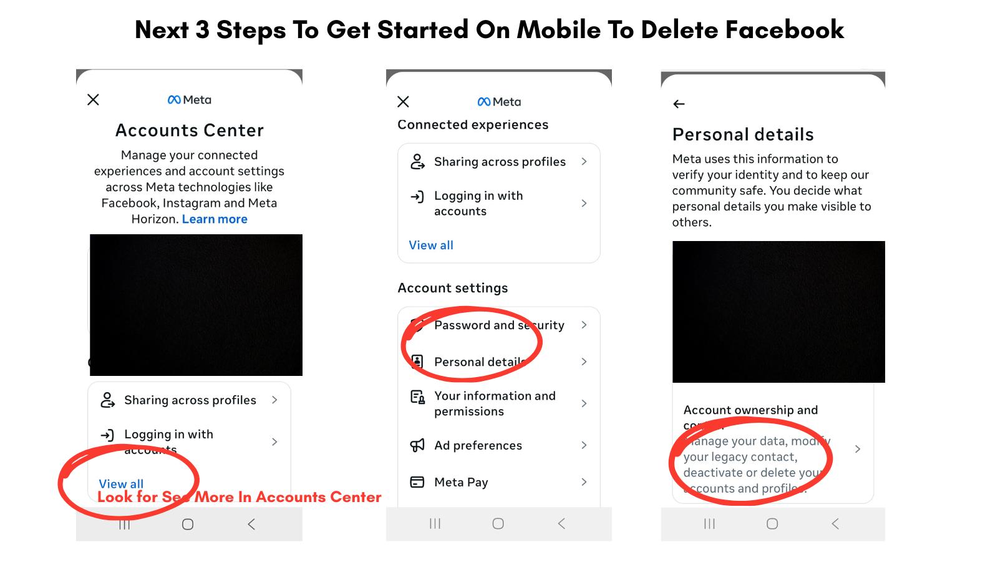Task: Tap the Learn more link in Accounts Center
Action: pos(215,219)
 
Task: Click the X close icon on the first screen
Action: pos(94,100)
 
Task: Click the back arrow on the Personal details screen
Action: pos(679,104)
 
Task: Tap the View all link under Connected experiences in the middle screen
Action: pos(431,245)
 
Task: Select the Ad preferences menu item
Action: pos(478,445)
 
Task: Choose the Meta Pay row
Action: pos(461,482)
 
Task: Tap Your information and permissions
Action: pos(495,403)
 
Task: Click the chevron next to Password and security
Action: pos(584,325)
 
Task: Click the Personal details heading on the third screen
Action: pos(743,134)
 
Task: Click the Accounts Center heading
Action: pos(190,131)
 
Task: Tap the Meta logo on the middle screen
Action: pos(499,102)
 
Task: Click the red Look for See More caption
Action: pos(240,497)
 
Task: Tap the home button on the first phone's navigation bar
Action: pos(188,525)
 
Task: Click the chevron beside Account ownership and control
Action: pos(858,449)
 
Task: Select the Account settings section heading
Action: pos(453,288)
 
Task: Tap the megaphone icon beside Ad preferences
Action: pos(417,445)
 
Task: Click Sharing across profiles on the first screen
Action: pos(190,400)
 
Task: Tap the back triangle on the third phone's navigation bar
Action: pos(835,524)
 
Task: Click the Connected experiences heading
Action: pos(473,125)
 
